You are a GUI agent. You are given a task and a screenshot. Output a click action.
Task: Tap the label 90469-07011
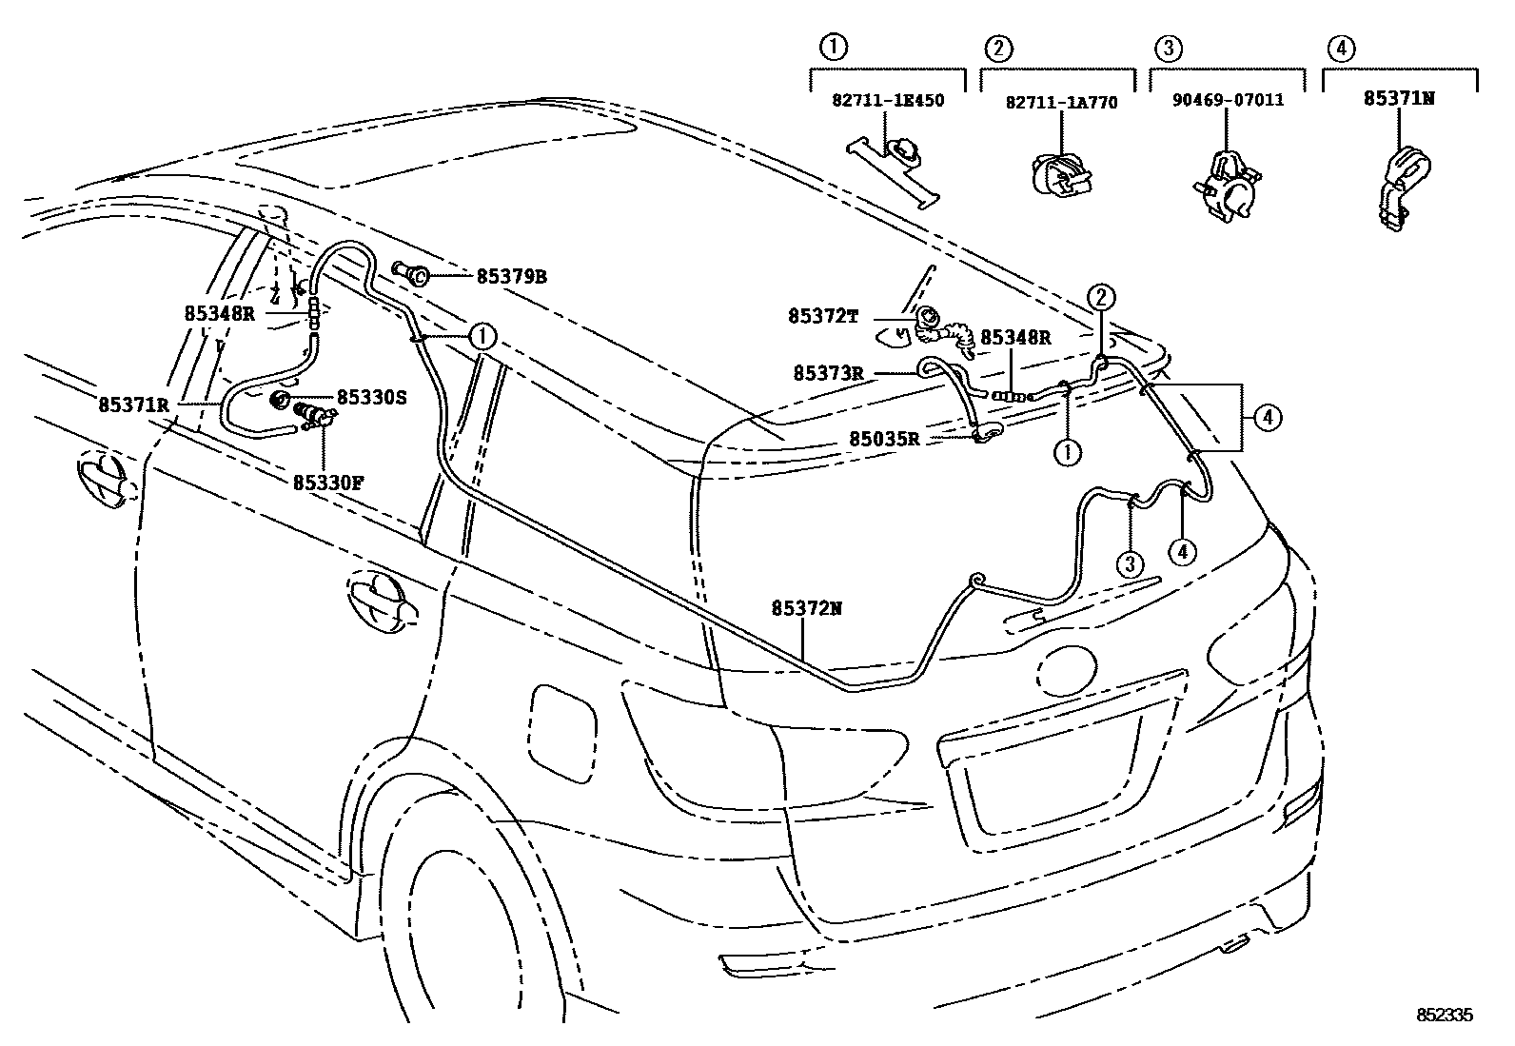[x=1227, y=100]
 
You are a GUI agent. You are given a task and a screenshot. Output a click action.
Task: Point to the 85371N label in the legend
[x=1398, y=98]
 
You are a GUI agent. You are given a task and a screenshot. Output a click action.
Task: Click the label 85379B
[x=511, y=277]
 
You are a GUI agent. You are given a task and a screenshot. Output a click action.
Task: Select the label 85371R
[x=133, y=405]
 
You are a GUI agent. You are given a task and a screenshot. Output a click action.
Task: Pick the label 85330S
[x=371, y=397]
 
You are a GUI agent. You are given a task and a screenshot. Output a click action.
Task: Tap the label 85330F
[x=328, y=483]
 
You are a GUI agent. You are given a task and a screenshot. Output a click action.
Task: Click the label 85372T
[x=823, y=316]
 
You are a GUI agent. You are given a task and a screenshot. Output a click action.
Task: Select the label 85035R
[x=884, y=439]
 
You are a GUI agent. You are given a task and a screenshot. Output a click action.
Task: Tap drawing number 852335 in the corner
[x=1446, y=1016]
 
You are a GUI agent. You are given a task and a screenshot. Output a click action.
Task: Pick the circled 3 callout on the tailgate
[x=1130, y=564]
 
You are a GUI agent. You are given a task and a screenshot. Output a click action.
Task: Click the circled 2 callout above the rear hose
[x=1101, y=298]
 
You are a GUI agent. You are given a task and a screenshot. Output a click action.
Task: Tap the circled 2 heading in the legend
[x=997, y=47]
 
